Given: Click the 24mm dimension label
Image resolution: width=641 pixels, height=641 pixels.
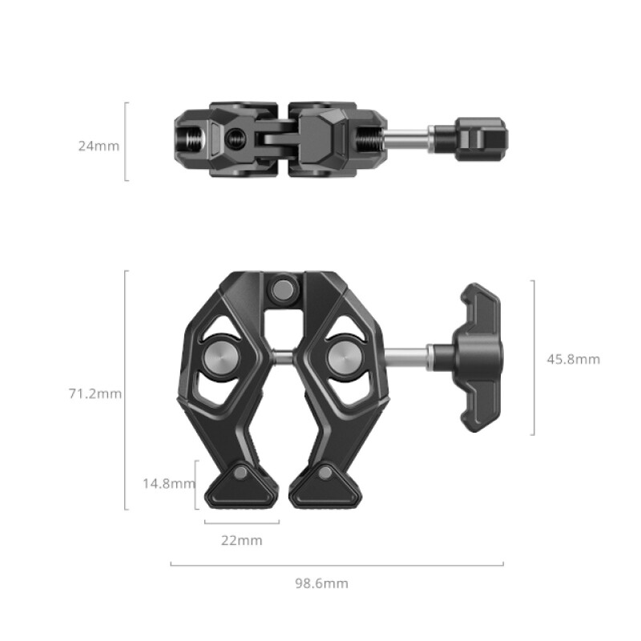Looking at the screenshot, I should point(99,146).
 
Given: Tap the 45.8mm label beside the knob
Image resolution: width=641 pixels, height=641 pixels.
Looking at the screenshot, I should point(573,360).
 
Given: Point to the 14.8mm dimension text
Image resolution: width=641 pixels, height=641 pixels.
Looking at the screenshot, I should point(167,483).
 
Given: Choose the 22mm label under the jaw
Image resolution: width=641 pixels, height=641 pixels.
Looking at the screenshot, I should point(241,540).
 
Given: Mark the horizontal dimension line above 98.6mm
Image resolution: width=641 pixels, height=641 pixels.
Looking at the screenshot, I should point(337,564).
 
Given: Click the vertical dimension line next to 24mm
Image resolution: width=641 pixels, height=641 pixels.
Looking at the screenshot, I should point(126,141).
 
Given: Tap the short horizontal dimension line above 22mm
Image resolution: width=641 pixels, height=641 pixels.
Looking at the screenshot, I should point(241,522).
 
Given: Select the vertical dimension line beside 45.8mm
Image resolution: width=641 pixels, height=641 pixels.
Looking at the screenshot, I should point(534,357).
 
